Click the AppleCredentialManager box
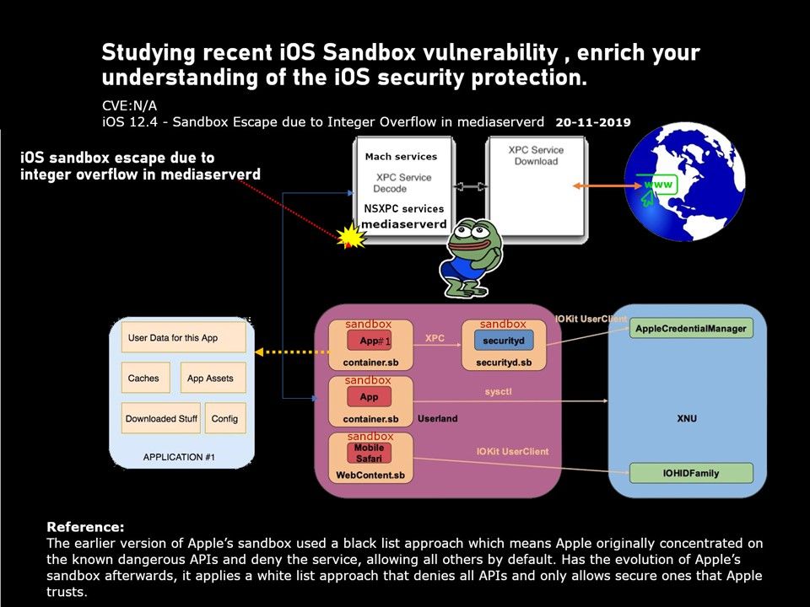pyautogui.click(x=691, y=328)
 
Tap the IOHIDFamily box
pyautogui.click(x=691, y=473)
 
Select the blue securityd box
pyautogui.click(x=504, y=341)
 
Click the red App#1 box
pyautogui.click(x=369, y=341)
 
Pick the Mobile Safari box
pyautogui.click(x=369, y=454)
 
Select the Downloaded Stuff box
pyautogui.click(x=160, y=418)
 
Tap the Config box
pyautogui.click(x=225, y=418)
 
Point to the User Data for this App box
pyautogui.click(x=183, y=337)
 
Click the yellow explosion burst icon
pyautogui.click(x=351, y=236)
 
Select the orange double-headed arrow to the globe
pyautogui.click(x=607, y=185)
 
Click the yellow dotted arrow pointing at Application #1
pyautogui.click(x=292, y=352)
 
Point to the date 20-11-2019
pyautogui.click(x=593, y=122)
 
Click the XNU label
pyautogui.click(x=687, y=418)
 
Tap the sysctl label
pyautogui.click(x=498, y=391)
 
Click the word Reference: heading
pyautogui.click(x=85, y=527)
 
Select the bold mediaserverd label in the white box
pyautogui.click(x=404, y=224)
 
